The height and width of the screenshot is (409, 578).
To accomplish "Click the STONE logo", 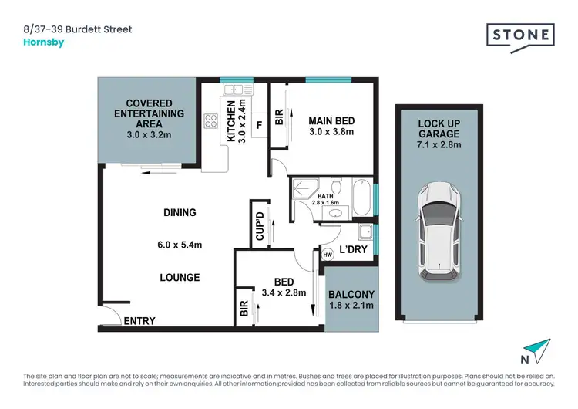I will click(x=520, y=35).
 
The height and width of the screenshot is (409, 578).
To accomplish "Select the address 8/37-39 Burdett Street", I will click(x=79, y=29).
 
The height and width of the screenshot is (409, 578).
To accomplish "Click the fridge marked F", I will click(x=258, y=123).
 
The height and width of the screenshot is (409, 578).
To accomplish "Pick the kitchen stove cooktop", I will click(x=210, y=120).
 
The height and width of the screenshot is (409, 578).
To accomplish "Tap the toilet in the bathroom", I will click(x=336, y=188).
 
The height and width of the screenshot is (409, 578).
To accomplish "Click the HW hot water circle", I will click(x=328, y=254).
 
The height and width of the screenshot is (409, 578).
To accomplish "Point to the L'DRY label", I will click(x=354, y=251).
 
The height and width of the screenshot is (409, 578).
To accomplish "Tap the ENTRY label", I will click(x=139, y=321).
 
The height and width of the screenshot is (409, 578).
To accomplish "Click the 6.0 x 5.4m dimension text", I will click(x=175, y=245).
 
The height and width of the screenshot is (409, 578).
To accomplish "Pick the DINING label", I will click(x=179, y=212).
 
